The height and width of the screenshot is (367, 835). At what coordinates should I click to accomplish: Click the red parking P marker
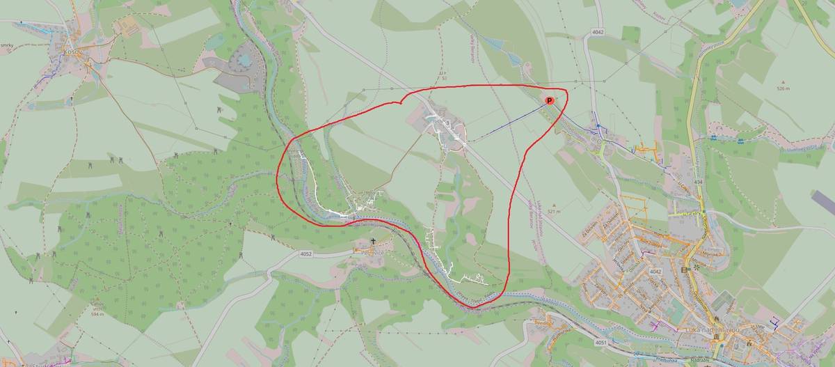point(548,101)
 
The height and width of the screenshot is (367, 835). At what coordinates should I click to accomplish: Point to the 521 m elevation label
point(554,211)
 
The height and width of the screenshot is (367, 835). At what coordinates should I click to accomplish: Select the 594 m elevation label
point(97,314)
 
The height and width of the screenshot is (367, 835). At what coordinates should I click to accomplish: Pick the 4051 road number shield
point(601,343)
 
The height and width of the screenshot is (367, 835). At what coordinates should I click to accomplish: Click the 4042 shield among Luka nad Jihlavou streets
point(654,270)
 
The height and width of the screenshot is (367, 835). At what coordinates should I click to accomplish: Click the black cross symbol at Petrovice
point(373,242)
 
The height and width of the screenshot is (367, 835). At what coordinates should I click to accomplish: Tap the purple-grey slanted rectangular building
point(823,203)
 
